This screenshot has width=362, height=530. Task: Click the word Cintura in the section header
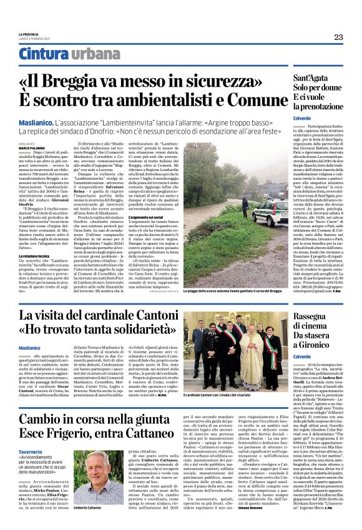point(43,55)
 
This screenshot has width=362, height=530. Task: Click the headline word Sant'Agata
point(316,79)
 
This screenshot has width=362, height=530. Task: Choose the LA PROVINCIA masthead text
point(28,34)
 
